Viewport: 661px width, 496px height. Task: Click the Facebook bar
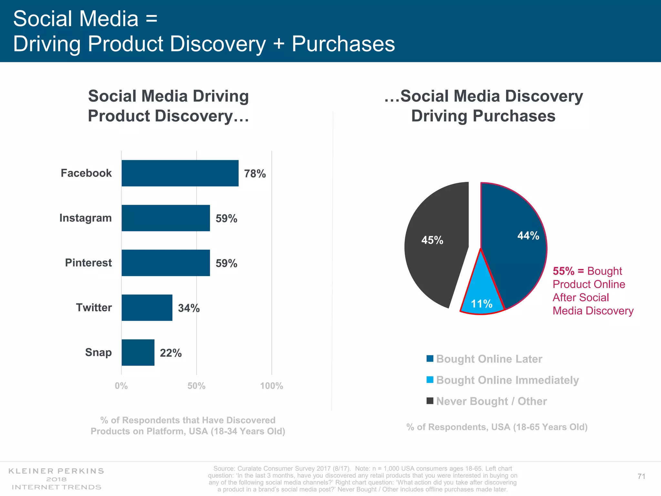(180, 173)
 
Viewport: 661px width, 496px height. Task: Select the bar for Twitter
(147, 307)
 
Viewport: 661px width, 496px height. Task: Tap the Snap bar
(138, 352)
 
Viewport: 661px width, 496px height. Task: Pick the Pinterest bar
(166, 263)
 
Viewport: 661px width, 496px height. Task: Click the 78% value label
(255, 174)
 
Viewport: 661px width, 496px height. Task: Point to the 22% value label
(171, 353)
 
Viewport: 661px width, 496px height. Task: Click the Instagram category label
(86, 218)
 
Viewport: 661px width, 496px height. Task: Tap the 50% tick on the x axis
(196, 386)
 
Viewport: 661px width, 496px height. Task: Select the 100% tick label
(271, 386)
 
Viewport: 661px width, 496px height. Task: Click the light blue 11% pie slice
(482, 295)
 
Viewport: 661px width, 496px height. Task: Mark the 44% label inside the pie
(528, 236)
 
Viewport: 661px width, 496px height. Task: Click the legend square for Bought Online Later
(430, 358)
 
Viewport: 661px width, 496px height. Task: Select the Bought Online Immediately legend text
(507, 380)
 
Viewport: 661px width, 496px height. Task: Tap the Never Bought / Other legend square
(430, 401)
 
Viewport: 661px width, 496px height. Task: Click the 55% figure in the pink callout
(564, 271)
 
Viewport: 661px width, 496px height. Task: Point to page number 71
(641, 476)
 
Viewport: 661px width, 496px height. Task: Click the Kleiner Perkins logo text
(56, 471)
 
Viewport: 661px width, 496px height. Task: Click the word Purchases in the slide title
(343, 44)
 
